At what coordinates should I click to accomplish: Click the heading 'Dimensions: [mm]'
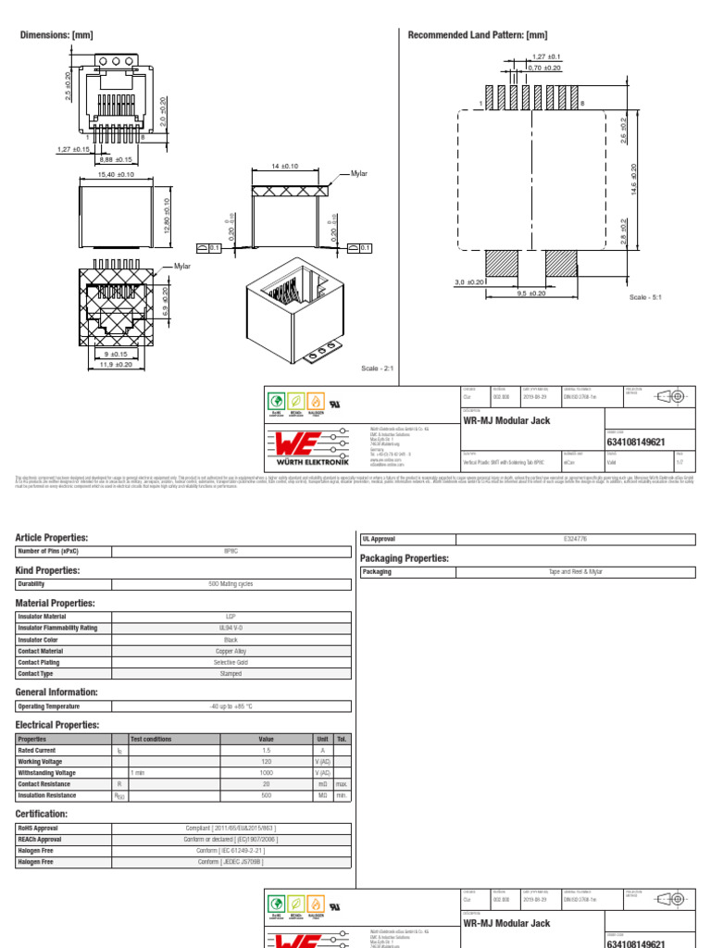pos(56,35)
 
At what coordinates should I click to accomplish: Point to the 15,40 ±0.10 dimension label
pos(116,174)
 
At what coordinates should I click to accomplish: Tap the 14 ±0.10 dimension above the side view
pos(284,166)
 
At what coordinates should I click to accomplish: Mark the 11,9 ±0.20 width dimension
pos(117,365)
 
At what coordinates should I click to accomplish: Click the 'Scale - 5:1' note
pos(646,297)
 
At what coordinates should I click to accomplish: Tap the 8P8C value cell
pos(231,551)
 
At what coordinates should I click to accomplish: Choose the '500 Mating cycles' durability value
pos(231,584)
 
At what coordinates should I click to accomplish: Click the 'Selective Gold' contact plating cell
pos(231,663)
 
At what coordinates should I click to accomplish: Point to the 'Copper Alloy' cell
pos(231,651)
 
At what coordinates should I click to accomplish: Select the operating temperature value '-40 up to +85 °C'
pos(231,706)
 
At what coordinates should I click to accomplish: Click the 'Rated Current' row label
pos(37,750)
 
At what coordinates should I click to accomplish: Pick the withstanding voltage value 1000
pos(266,772)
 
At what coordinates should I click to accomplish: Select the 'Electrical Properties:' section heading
pos(58,725)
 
